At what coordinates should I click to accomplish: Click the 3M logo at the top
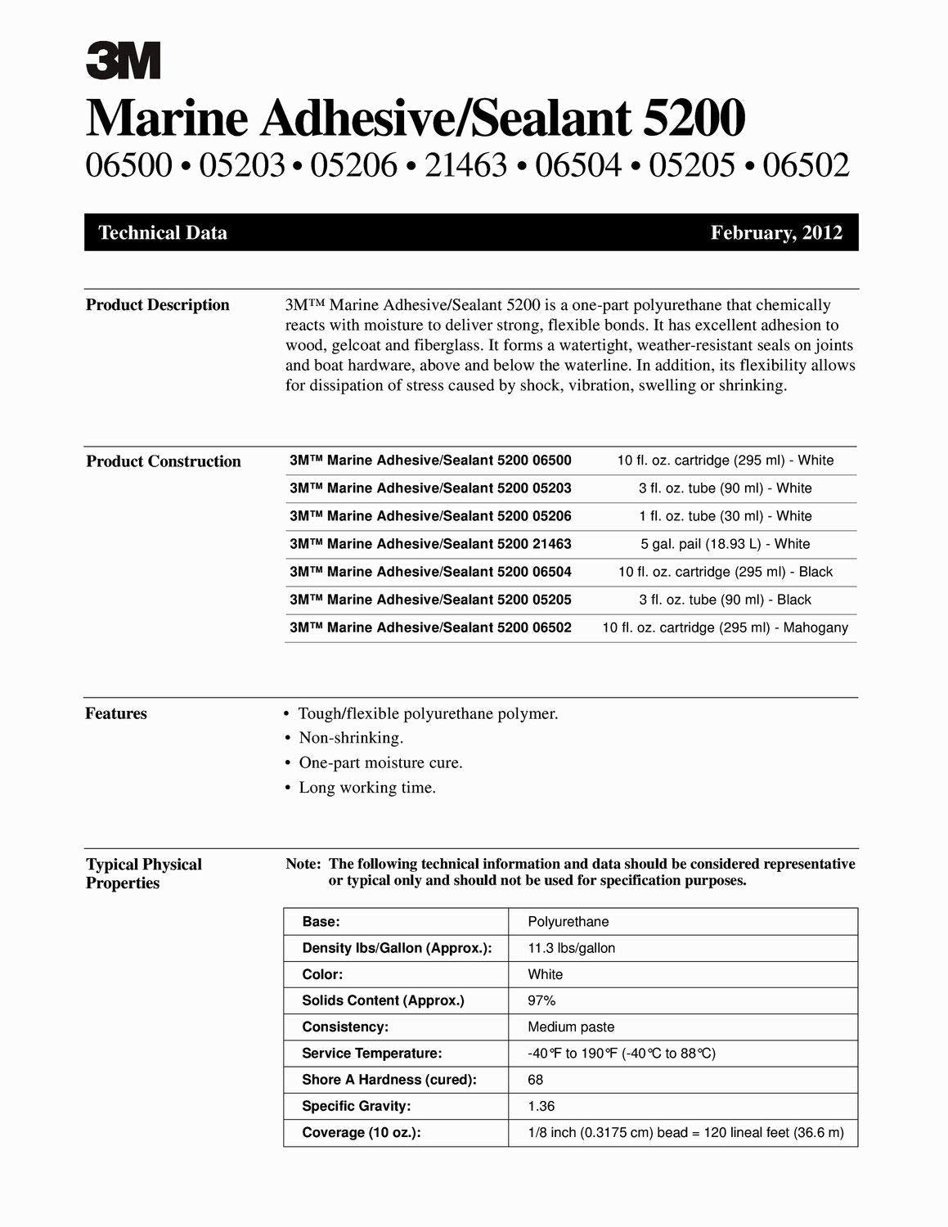123,61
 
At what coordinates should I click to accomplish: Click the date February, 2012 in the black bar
775,233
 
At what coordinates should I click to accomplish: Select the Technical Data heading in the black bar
163,233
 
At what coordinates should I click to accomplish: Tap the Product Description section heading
158,305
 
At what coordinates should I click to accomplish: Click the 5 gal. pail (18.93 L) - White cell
725,544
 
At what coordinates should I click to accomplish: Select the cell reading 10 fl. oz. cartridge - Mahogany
725,627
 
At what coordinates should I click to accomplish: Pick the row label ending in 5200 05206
430,516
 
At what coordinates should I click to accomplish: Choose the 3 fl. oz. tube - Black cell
725,600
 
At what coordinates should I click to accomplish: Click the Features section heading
116,713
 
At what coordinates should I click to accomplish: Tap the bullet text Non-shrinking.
351,738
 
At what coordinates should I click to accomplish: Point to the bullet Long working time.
367,788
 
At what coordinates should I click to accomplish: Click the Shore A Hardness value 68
536,1080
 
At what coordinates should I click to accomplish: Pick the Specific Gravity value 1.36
541,1106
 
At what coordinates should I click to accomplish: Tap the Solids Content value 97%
541,1000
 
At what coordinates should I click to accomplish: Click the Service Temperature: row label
371,1054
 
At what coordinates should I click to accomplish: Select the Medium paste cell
571,1027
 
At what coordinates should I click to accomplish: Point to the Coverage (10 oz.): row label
361,1133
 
